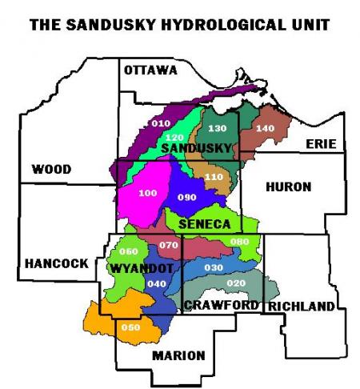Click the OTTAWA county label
150,70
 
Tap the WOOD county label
51,169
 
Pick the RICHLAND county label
301,307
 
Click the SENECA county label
205,223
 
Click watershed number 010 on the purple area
162,123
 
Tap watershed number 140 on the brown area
264,128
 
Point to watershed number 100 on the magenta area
148,194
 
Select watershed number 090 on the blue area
186,198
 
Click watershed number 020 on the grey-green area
236,284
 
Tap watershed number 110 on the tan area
213,177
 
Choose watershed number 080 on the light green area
239,242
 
